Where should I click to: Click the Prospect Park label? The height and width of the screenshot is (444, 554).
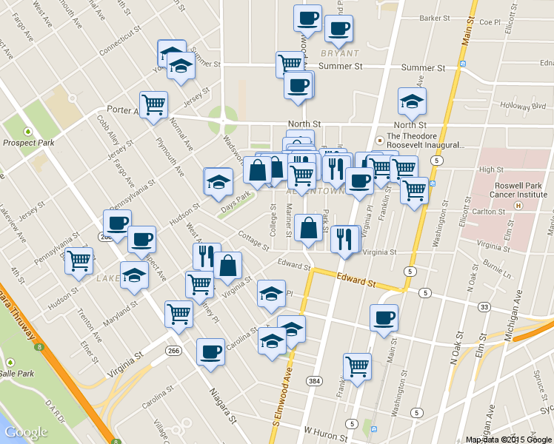point(25,142)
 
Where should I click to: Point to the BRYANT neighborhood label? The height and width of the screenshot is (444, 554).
point(339,53)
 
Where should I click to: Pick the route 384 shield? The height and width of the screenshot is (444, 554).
point(315,380)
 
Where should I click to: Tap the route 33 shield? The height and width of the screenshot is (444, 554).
point(484,306)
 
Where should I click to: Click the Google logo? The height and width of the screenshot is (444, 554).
point(26,432)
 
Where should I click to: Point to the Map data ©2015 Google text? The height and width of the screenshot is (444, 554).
point(507,440)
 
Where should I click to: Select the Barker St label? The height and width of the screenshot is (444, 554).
point(435,18)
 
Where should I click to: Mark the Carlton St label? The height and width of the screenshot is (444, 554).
point(489,212)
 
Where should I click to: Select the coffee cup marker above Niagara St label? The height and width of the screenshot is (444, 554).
point(210,351)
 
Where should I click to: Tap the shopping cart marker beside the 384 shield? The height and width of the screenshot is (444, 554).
point(357,366)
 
